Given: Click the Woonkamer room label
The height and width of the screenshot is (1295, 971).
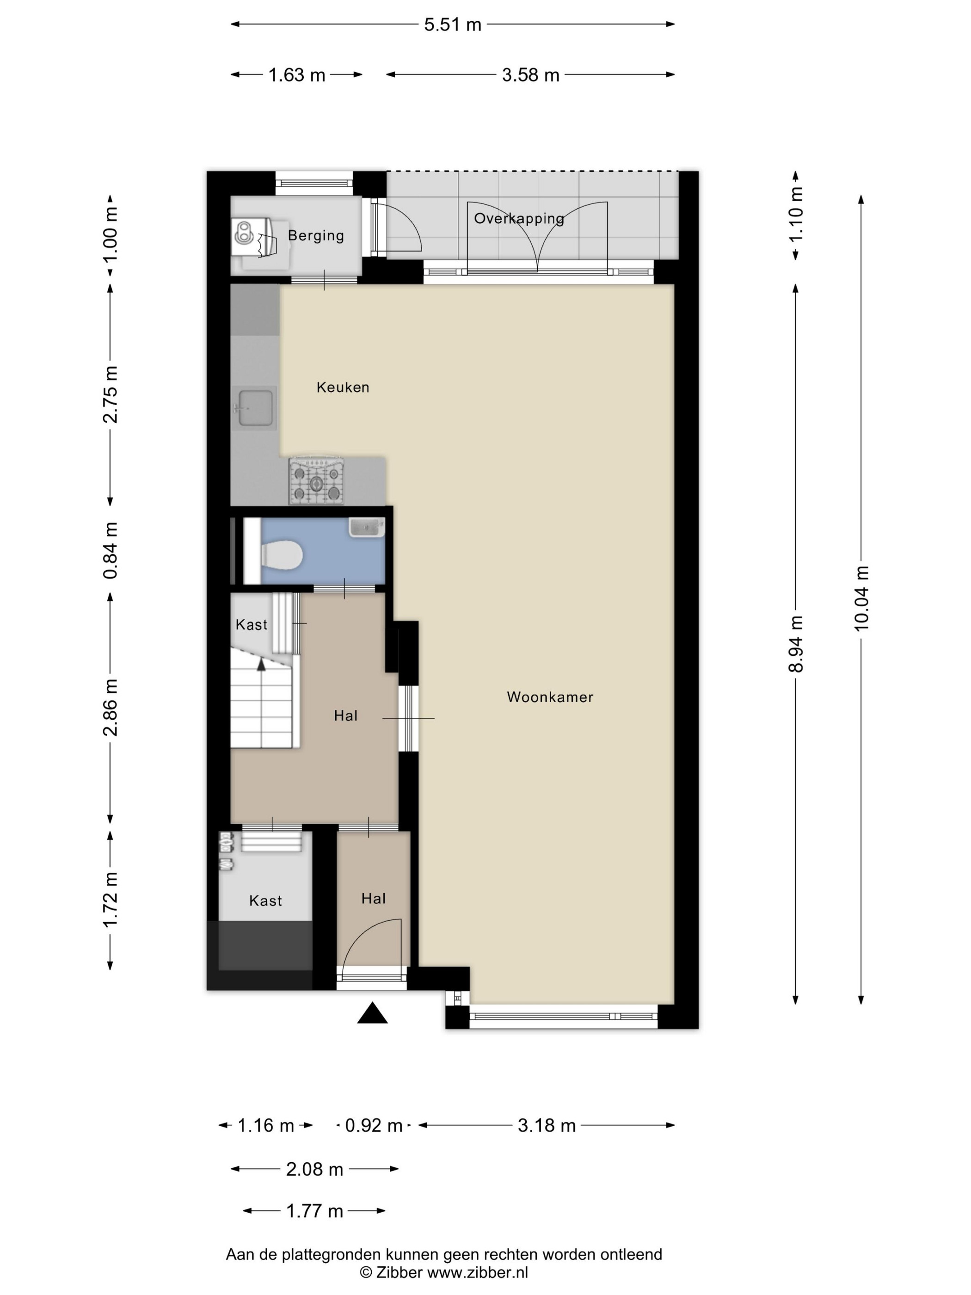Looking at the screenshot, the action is (550, 697).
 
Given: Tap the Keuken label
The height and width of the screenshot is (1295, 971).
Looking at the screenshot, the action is (343, 387).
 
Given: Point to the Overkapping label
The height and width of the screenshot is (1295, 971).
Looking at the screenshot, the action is (519, 218).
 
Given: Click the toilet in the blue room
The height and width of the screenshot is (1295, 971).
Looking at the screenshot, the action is (282, 555).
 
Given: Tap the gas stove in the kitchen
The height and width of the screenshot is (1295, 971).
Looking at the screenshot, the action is (316, 481).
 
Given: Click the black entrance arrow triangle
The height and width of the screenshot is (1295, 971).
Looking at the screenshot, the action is (372, 1013).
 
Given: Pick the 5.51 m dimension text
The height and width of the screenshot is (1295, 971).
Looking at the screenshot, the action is (452, 25).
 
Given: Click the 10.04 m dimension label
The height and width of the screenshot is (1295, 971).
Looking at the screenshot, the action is (861, 598).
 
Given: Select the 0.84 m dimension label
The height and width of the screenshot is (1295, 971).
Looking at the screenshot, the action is (111, 550).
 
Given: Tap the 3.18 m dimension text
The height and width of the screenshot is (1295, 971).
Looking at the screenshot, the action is (547, 1125).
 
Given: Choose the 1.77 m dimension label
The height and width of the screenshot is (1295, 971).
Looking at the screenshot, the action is (314, 1211).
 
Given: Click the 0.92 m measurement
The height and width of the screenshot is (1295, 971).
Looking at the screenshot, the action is (374, 1125).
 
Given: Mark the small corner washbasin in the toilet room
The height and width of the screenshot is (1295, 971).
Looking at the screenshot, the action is (366, 527).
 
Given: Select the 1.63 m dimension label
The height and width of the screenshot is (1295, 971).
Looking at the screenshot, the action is (297, 75).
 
